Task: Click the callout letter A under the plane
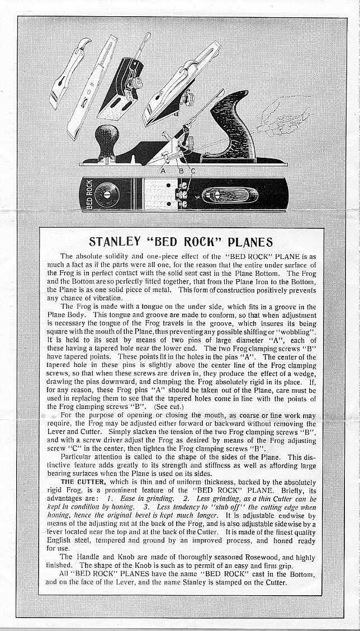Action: [163, 171]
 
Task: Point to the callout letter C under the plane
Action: [193, 171]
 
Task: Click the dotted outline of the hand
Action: [285, 120]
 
